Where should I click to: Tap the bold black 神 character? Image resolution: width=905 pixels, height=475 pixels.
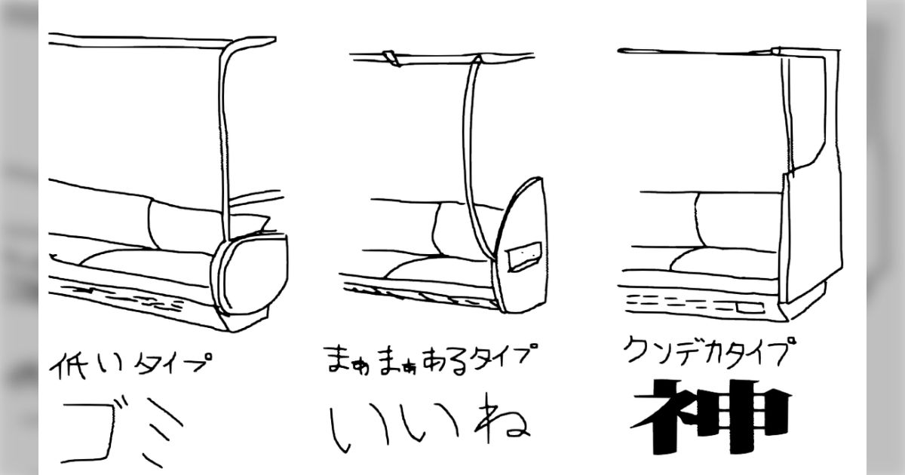click(712, 416)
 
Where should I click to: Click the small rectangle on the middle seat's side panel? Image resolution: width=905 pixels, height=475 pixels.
click(524, 256)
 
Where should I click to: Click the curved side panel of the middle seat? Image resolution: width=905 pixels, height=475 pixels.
click(521, 245)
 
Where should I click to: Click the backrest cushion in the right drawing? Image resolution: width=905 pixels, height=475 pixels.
click(739, 220)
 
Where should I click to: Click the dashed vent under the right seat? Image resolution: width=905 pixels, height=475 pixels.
click(695, 304)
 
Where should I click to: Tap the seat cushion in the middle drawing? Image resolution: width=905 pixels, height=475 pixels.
click(438, 267)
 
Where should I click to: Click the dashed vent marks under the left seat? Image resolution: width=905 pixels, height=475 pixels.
click(129, 298)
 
